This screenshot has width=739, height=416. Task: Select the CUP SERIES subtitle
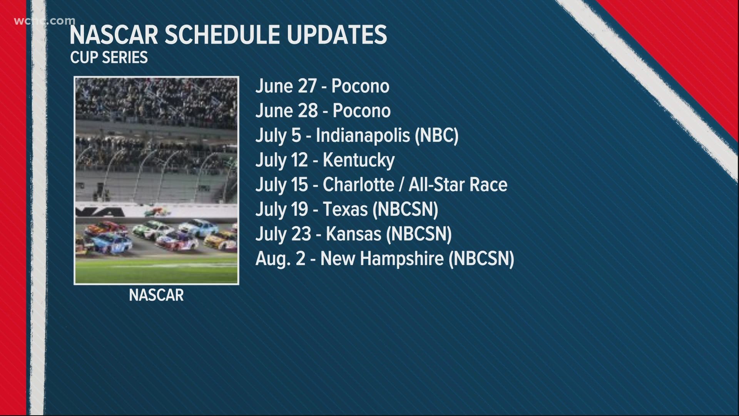(x=109, y=57)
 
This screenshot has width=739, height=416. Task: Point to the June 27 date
(x=286, y=86)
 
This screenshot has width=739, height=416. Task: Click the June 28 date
(x=286, y=111)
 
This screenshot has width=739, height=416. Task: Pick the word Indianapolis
(x=363, y=136)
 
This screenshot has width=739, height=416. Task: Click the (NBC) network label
(x=437, y=136)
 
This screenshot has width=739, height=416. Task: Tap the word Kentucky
(x=359, y=160)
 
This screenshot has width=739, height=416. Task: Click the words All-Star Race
(x=458, y=185)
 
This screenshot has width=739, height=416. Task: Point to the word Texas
(x=345, y=209)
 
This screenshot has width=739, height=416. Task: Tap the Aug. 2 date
(x=280, y=258)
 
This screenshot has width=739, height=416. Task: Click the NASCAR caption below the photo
(x=156, y=295)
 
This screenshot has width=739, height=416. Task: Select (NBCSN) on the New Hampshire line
(x=481, y=258)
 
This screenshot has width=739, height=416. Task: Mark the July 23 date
(x=283, y=234)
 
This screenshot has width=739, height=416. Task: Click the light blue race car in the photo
(x=199, y=228)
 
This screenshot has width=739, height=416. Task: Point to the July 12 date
(x=282, y=160)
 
